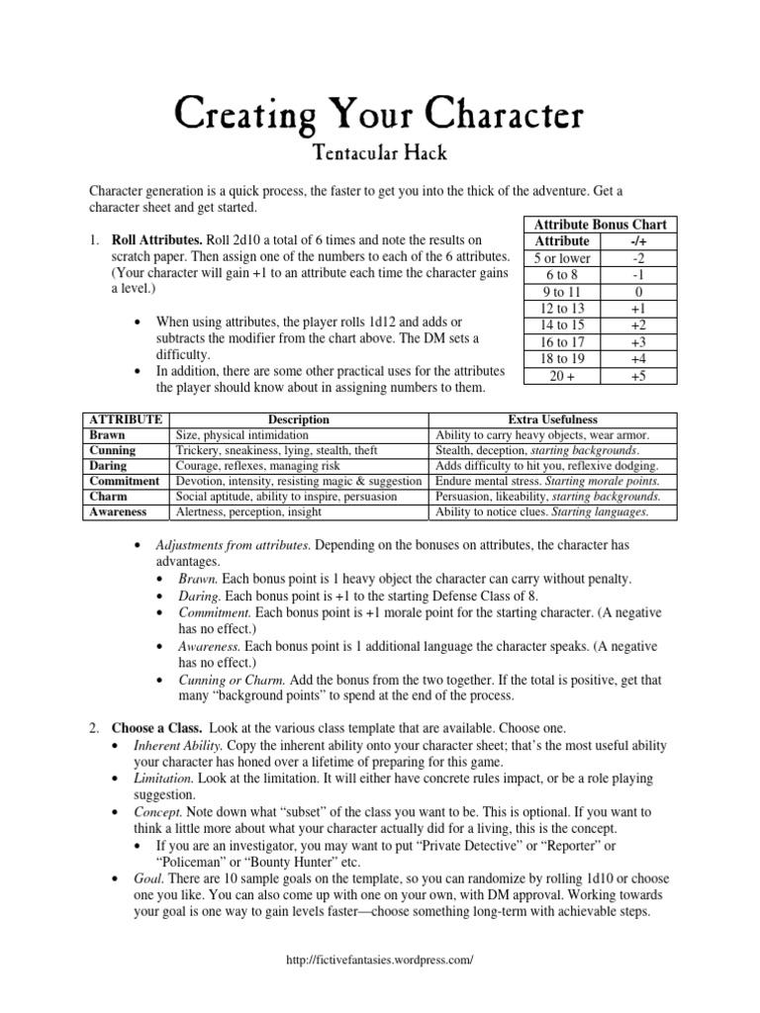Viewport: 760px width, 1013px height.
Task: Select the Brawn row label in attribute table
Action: click(108, 434)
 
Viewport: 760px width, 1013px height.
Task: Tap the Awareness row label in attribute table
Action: click(118, 511)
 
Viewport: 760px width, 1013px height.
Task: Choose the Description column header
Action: click(298, 419)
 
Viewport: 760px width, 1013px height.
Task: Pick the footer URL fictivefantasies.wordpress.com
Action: click(380, 960)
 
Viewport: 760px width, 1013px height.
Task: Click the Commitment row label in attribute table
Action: click(124, 481)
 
